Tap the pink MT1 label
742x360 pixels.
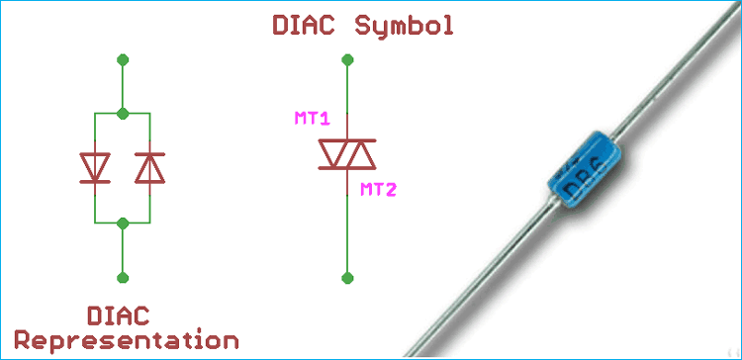[x=313, y=119]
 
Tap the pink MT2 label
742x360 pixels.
[x=377, y=189]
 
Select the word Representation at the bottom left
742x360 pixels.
[x=126, y=341]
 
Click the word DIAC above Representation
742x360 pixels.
[x=118, y=316]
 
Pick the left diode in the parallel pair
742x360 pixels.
[x=95, y=168]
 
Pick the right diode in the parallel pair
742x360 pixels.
[x=149, y=168]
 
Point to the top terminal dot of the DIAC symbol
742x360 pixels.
[x=346, y=60]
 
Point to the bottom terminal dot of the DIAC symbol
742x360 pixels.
[x=346, y=278]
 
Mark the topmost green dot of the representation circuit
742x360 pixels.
[x=122, y=60]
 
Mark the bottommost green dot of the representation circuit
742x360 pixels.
[x=122, y=278]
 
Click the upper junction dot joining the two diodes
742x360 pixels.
[x=122, y=114]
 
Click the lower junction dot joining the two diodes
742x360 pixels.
[x=122, y=224]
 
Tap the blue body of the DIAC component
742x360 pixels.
[x=583, y=174]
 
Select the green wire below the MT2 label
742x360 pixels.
[x=346, y=237]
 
